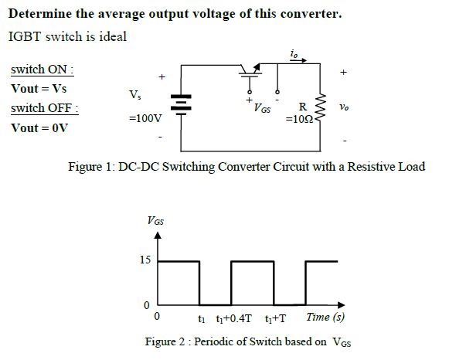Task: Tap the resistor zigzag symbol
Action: (x=322, y=108)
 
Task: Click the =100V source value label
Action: (x=146, y=120)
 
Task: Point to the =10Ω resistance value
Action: (x=301, y=121)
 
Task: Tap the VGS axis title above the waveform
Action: (x=155, y=221)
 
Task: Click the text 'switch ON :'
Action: (x=42, y=70)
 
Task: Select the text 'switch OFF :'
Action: (x=44, y=107)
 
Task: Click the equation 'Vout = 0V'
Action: (x=39, y=127)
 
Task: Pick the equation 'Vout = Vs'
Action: (x=38, y=89)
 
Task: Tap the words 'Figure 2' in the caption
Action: (x=168, y=341)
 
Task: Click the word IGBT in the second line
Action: (x=22, y=36)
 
